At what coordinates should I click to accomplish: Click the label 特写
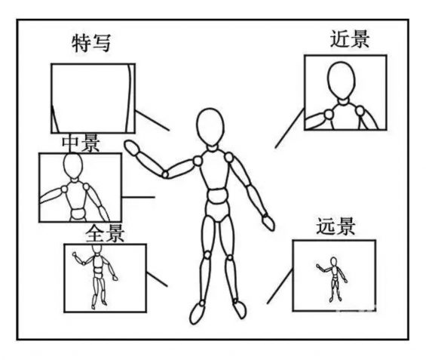(x=91, y=43)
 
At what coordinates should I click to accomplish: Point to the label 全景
(x=106, y=232)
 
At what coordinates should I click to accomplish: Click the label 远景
(x=336, y=226)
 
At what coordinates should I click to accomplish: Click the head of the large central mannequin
(x=210, y=125)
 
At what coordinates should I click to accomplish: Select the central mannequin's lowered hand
(x=268, y=221)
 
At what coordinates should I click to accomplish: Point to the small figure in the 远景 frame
(x=332, y=279)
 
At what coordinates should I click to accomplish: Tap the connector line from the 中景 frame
(x=138, y=198)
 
